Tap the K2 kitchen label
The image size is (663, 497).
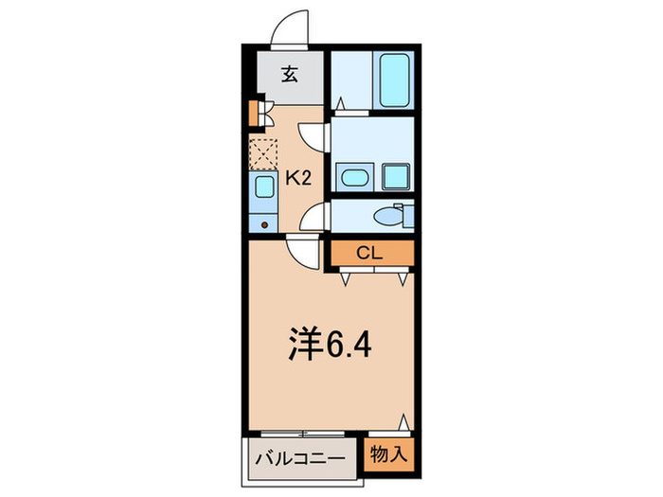300,176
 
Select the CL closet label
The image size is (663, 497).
371,253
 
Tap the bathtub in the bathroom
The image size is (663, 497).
391,81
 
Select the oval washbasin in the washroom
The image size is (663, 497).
355,176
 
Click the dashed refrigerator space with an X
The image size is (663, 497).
263,152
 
